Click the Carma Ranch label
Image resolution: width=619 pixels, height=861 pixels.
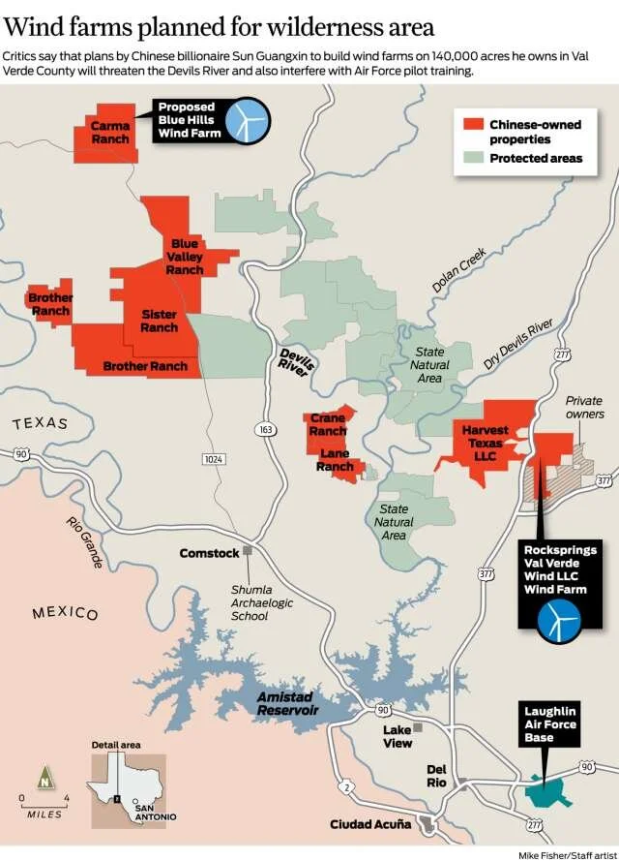pyautogui.click(x=110, y=133)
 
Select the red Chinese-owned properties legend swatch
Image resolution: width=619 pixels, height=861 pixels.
pyautogui.click(x=472, y=125)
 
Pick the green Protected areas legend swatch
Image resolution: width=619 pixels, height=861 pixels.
pyautogui.click(x=472, y=158)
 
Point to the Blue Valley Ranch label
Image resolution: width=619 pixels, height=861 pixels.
pyautogui.click(x=184, y=257)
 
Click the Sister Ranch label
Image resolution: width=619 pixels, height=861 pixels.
pyautogui.click(x=159, y=321)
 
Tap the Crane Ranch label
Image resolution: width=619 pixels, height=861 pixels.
pyautogui.click(x=328, y=424)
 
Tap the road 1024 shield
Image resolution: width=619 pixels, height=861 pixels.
pyautogui.click(x=214, y=457)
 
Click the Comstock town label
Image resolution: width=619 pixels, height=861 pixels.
pyautogui.click(x=209, y=553)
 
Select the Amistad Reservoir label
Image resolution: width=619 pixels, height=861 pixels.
pyautogui.click(x=287, y=703)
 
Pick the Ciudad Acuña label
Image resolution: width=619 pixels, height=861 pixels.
pyautogui.click(x=370, y=824)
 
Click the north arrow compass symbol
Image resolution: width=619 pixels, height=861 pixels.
pyautogui.click(x=44, y=776)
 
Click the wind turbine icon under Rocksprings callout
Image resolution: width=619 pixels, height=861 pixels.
pyautogui.click(x=559, y=621)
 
